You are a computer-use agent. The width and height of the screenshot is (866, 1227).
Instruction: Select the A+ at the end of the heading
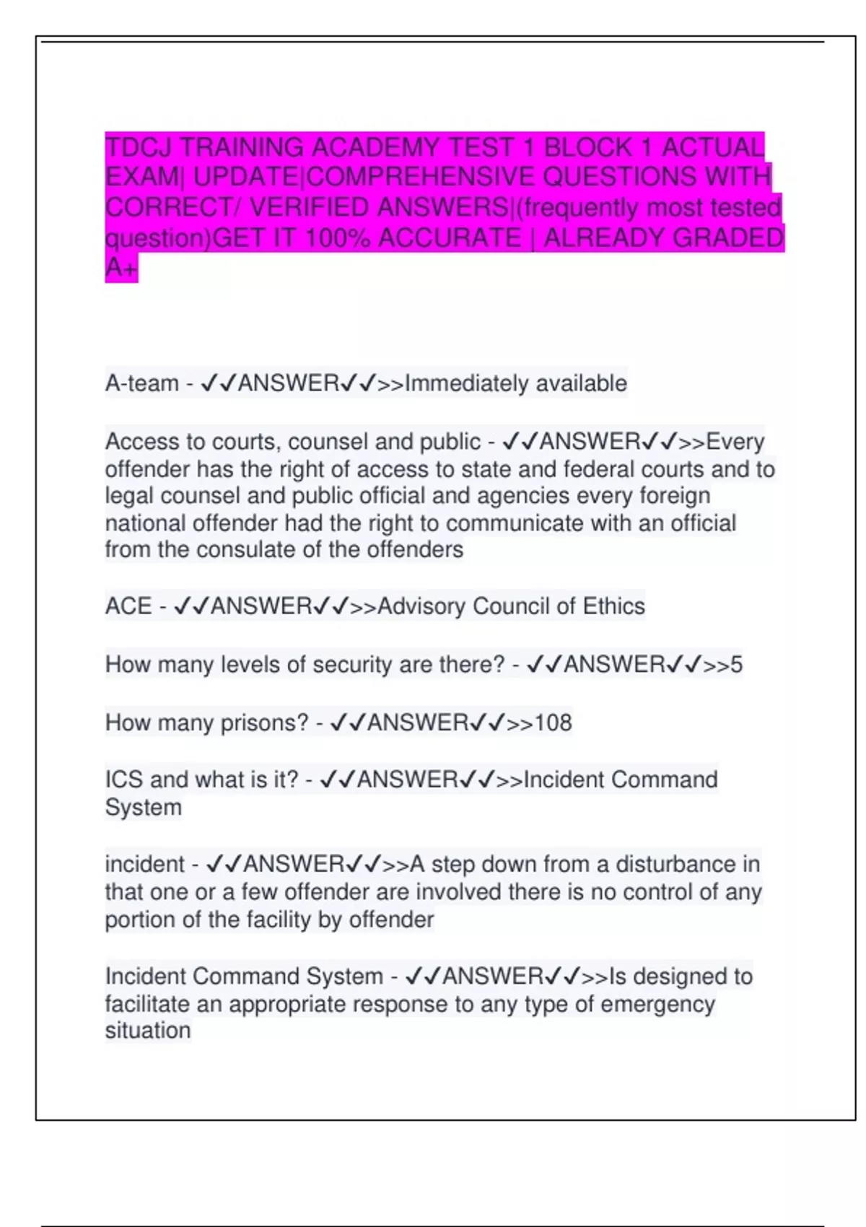tap(121, 268)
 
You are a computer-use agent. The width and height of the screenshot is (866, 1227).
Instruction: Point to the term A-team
tap(141, 383)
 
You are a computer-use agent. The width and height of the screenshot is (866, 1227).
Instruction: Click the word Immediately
tap(467, 383)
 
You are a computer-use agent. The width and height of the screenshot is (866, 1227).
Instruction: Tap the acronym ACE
tap(128, 606)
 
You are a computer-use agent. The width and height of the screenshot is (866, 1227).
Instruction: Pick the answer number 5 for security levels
tap(736, 665)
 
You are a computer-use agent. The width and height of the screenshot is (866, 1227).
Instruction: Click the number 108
tap(553, 722)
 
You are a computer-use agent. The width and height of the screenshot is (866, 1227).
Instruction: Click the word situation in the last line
tap(148, 1031)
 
